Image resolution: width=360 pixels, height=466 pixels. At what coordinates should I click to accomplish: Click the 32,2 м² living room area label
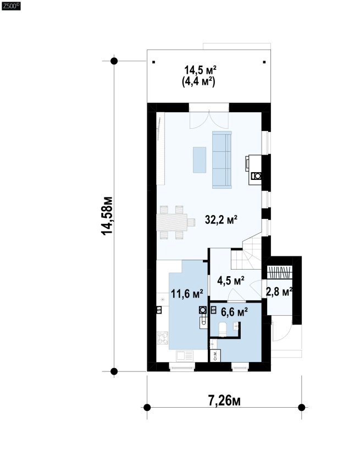pyautogui.click(x=221, y=220)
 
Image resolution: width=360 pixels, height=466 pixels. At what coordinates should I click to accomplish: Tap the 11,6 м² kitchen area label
pyautogui.click(x=187, y=294)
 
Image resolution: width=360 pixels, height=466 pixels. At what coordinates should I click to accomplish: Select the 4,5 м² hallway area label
pyautogui.click(x=231, y=280)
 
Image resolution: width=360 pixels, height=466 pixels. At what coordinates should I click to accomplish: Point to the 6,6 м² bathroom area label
pyautogui.click(x=235, y=312)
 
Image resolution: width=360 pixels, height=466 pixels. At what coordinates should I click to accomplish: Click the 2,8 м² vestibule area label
pyautogui.click(x=279, y=292)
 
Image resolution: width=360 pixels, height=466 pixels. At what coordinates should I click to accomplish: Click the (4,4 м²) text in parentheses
pyautogui.click(x=198, y=81)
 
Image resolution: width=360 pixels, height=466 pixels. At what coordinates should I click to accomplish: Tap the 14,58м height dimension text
pyautogui.click(x=107, y=216)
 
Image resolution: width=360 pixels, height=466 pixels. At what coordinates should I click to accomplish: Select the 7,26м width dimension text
pyautogui.click(x=224, y=401)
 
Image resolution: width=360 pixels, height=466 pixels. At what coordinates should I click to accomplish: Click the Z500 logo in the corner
pyautogui.click(x=12, y=6)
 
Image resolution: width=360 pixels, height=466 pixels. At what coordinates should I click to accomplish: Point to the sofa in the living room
pyautogui.click(x=221, y=160)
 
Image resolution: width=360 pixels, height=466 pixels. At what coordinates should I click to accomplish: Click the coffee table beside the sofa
pyautogui.click(x=200, y=160)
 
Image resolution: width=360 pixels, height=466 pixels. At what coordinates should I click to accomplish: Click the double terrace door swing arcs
pyautogui.click(x=209, y=120)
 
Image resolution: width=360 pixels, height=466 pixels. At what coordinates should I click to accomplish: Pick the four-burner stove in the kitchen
pyautogui.click(x=163, y=338)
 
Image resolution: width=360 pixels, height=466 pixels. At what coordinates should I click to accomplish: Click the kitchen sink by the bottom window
pyautogui.click(x=185, y=355)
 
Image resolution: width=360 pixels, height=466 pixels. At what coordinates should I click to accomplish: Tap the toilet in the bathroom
pyautogui.click(x=223, y=330)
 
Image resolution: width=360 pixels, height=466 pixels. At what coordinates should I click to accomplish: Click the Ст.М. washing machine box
pyautogui.click(x=215, y=355)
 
